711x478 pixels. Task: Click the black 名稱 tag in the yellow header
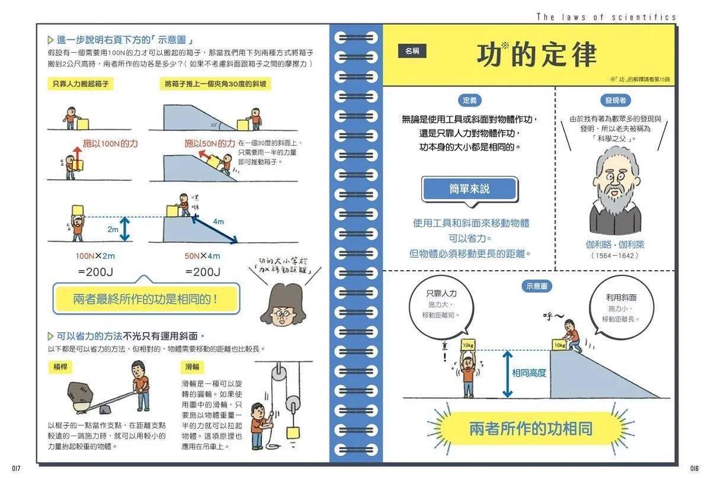pos(412,51)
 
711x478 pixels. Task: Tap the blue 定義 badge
pos(469,100)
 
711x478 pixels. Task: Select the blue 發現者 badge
pos(615,100)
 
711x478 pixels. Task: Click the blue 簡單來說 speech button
pos(469,189)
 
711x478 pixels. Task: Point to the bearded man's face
pos(615,184)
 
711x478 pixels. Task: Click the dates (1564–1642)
pos(614,255)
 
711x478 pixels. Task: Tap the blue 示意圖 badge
pos(537,286)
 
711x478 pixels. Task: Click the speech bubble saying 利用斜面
pos(621,307)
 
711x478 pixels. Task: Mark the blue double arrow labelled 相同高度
pos(507,374)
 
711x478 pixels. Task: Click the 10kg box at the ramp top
pos(559,345)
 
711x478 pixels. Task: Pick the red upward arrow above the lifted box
pos(77,158)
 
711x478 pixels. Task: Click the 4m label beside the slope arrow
pos(219,221)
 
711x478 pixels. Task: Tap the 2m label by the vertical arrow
pos(113,229)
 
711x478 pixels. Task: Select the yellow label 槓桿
pos(60,367)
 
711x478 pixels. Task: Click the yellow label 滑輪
pos(192,367)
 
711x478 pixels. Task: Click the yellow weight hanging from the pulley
pos(293,432)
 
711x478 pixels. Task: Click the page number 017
pos(16,468)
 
